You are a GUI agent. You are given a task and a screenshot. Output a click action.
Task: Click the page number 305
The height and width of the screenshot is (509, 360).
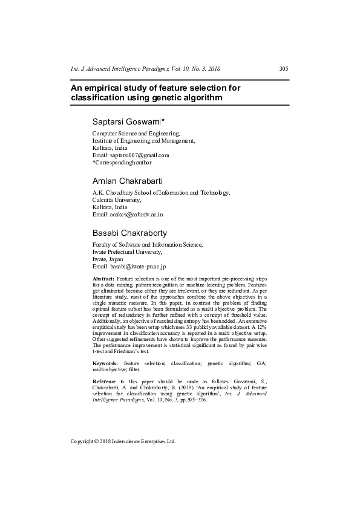[284, 68]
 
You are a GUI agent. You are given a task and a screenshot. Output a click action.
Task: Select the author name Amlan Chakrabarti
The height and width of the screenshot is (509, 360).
[127, 181]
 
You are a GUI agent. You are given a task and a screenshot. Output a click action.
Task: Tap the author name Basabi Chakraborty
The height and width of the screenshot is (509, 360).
[129, 233]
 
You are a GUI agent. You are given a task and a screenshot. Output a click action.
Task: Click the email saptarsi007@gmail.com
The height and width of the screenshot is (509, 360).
[139, 155]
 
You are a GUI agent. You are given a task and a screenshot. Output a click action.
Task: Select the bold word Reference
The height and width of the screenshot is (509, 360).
[104, 381]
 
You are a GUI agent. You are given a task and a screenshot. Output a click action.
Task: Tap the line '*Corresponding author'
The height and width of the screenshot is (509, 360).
[122, 162]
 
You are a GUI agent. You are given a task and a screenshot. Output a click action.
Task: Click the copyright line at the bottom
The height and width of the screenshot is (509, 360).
[123, 441]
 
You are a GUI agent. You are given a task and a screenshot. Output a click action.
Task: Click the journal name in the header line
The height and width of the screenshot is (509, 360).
[132, 68]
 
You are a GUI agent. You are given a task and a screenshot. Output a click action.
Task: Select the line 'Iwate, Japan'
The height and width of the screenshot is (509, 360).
[108, 259]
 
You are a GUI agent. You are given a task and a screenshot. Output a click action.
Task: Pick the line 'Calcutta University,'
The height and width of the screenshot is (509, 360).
[116, 199]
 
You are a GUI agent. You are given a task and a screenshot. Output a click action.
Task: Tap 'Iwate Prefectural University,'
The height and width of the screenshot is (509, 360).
[127, 251]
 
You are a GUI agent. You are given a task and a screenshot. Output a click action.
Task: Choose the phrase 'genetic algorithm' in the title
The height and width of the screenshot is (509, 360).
[182, 97]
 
